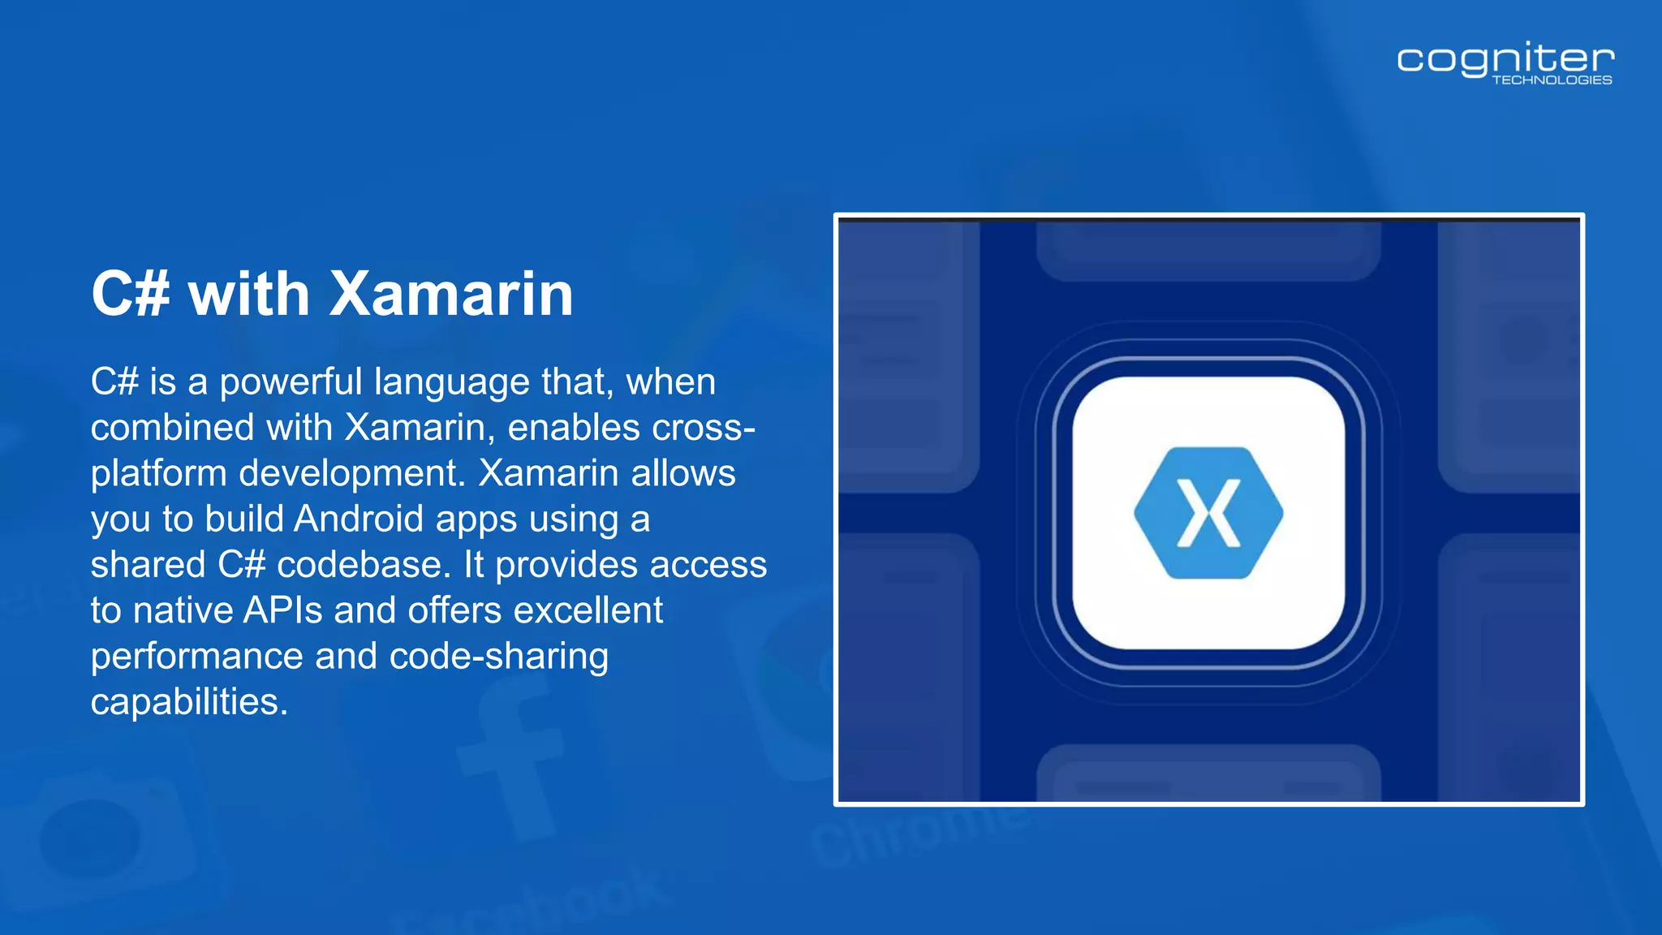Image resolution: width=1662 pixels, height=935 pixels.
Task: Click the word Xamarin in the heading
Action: (x=451, y=294)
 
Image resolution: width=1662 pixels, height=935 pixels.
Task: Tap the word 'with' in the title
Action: (x=249, y=294)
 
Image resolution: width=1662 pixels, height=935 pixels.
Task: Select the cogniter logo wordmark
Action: (x=1505, y=59)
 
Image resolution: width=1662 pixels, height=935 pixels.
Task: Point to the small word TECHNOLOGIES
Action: (x=1552, y=80)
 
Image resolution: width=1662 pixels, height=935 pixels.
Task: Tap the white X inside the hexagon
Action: (x=1208, y=513)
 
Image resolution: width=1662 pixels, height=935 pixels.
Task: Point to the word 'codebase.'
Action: (x=364, y=565)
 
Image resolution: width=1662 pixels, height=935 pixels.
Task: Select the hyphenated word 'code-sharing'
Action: (x=498, y=656)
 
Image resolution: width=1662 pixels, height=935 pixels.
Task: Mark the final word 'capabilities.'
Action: (x=189, y=702)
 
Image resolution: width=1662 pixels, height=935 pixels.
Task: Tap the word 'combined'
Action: (x=171, y=428)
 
